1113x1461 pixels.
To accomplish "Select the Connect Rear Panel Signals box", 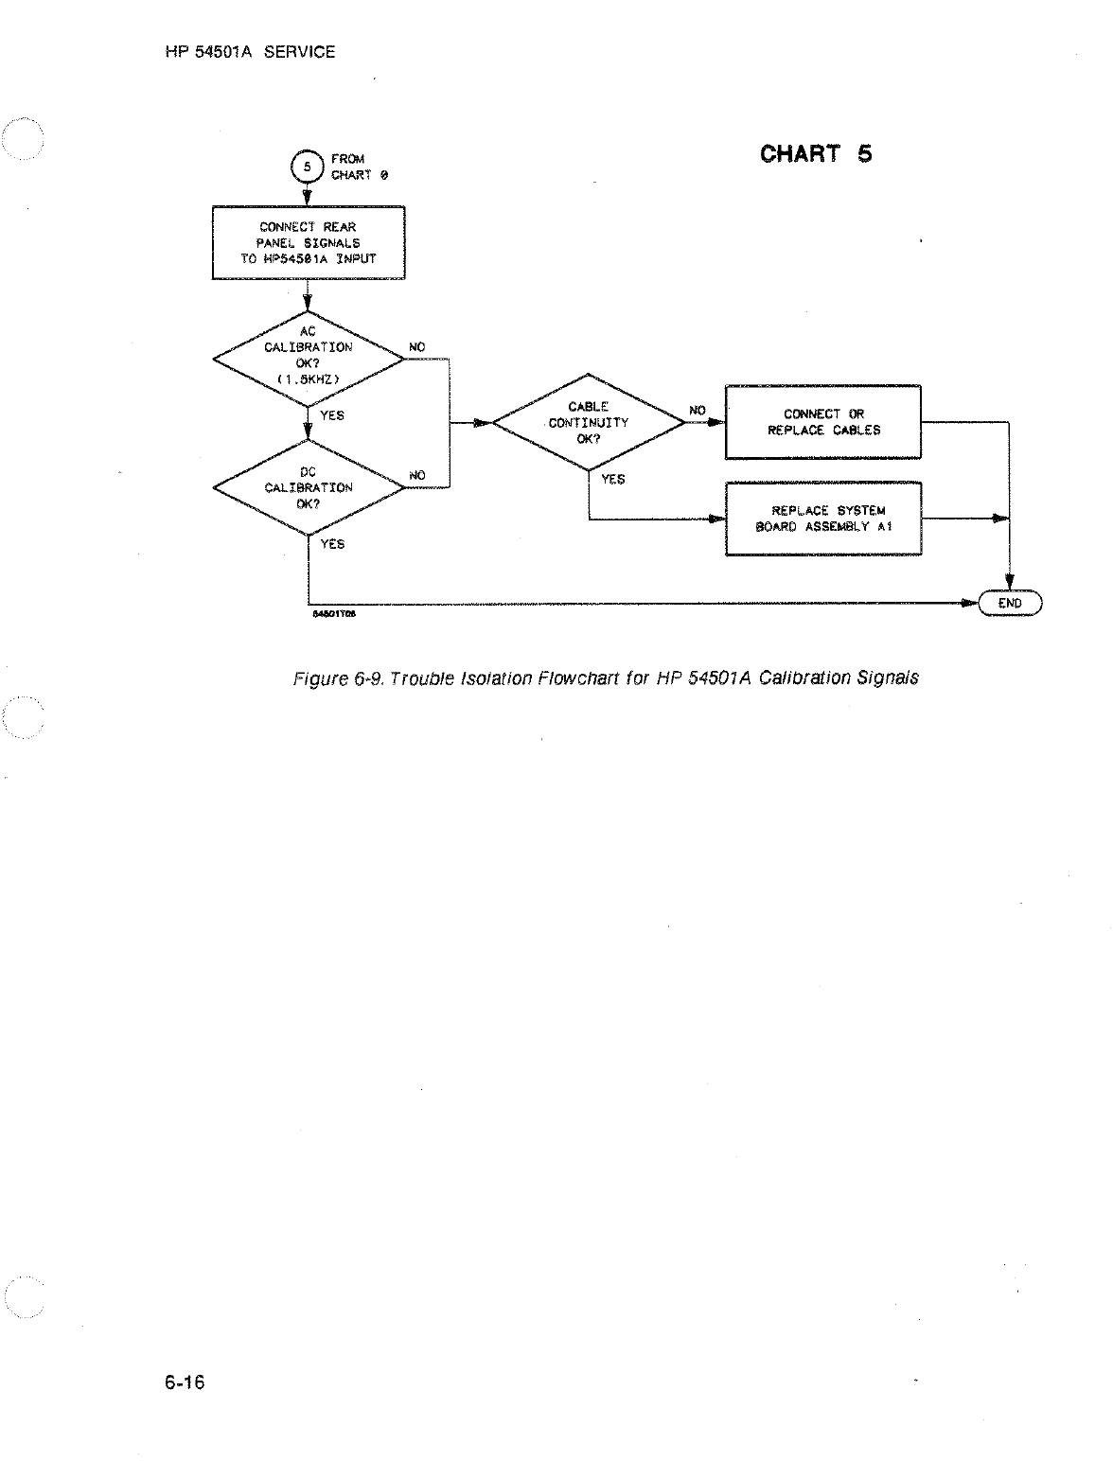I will [309, 243].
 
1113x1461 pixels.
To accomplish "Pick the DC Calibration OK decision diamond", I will [309, 487].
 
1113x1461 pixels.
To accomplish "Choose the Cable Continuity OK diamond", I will [589, 423].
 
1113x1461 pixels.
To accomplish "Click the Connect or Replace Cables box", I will [823, 422].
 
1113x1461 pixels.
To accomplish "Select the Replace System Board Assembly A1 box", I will [823, 519].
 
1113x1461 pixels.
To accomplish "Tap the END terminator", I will [1010, 603].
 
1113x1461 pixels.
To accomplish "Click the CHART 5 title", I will [816, 153].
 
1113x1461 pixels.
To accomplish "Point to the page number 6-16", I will [185, 1382].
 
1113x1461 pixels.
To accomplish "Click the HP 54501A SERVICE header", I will [250, 52].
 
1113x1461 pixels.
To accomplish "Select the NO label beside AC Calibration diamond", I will [416, 347].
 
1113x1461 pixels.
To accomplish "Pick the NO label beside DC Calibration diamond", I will [416, 474].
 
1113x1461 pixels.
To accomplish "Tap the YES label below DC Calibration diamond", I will [332, 544].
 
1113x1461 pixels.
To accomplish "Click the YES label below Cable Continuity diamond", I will [613, 480].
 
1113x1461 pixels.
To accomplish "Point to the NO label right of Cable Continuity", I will [698, 411].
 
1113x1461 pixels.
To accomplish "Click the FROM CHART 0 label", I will [359, 167].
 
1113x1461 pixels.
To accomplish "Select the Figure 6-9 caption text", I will [606, 678].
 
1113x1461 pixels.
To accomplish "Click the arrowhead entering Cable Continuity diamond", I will [483, 423].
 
